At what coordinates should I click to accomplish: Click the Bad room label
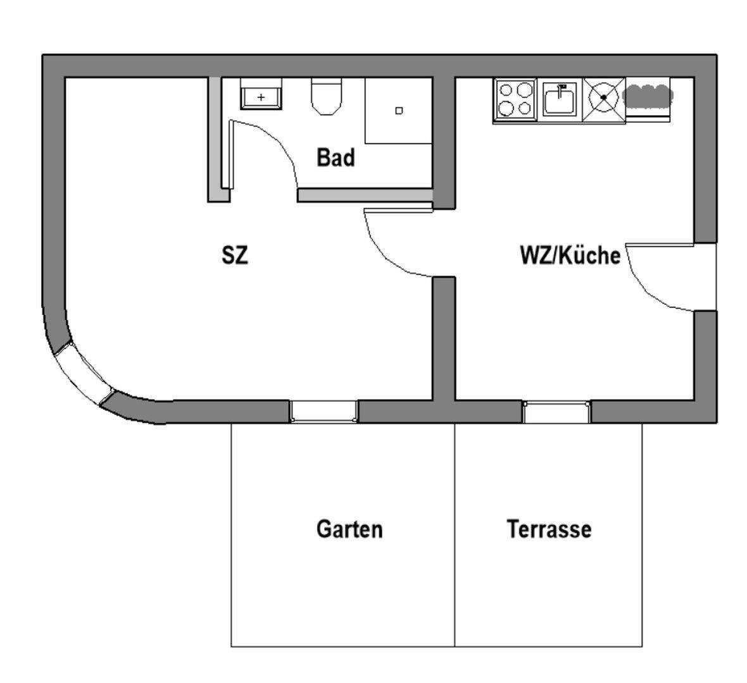(336, 158)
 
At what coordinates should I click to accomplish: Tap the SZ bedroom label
(234, 256)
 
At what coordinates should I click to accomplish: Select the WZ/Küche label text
(569, 256)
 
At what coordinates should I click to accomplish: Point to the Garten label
(349, 529)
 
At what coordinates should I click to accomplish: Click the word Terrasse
(549, 529)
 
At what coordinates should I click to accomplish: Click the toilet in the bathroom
(327, 96)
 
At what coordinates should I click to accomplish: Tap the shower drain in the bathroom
(399, 111)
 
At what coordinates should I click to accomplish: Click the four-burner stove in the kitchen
(514, 99)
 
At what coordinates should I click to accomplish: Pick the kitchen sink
(559, 100)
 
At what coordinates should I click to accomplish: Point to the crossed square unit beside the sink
(603, 98)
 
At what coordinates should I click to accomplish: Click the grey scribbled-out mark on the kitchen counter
(648, 95)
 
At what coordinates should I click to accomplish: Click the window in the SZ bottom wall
(324, 411)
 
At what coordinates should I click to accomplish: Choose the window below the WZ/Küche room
(556, 412)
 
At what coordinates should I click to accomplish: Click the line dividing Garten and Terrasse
(455, 534)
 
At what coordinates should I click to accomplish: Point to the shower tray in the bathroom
(398, 111)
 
